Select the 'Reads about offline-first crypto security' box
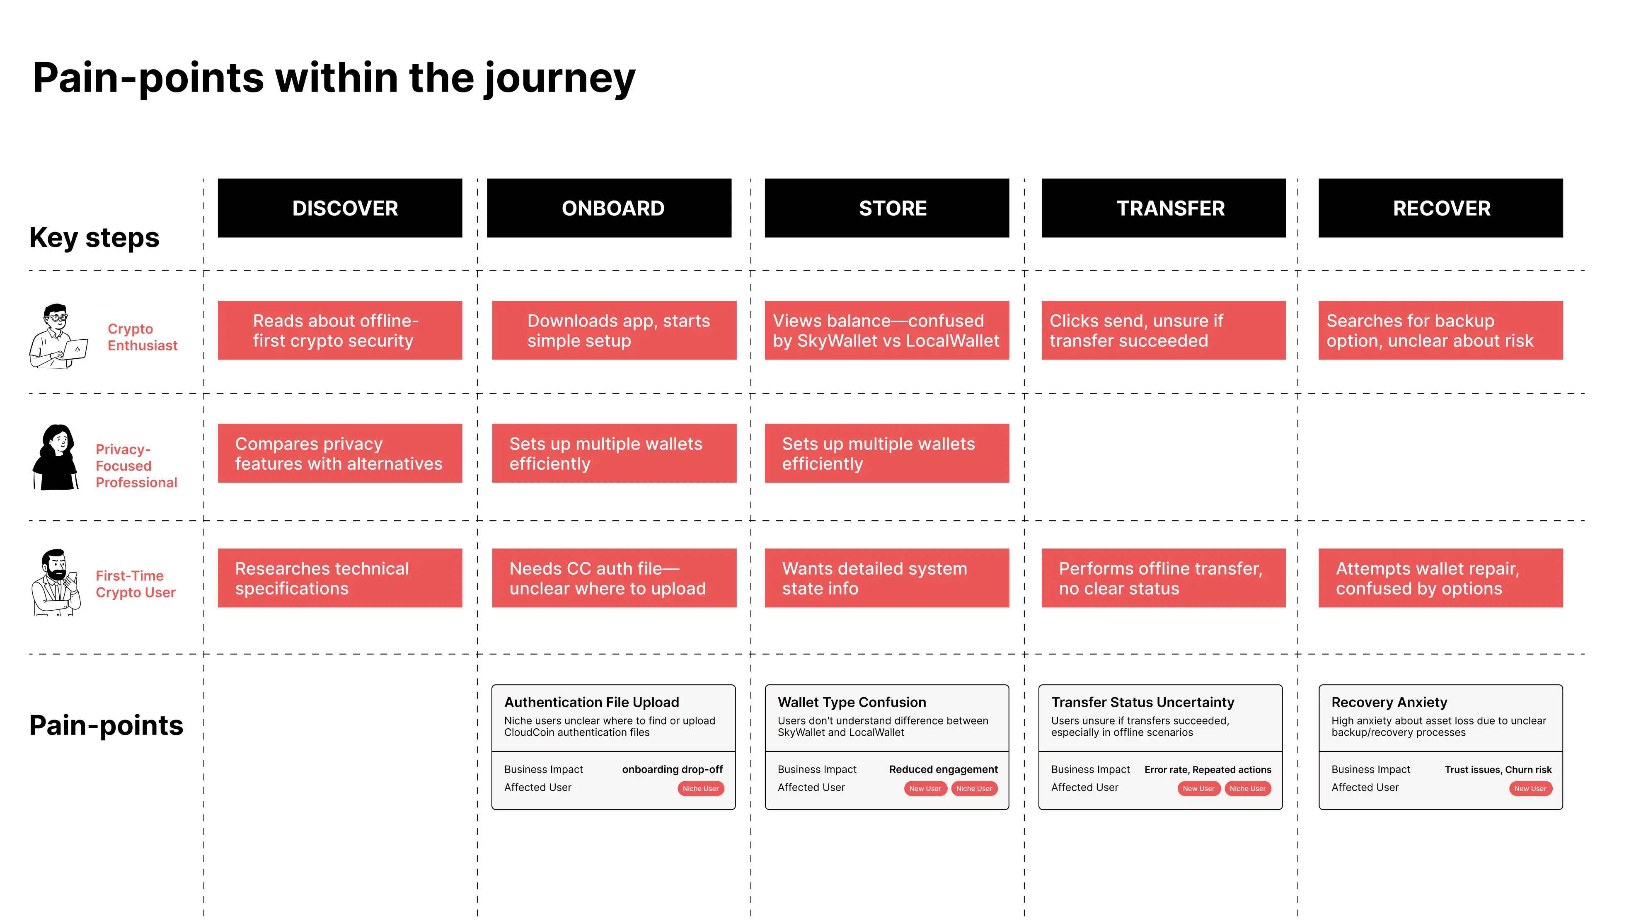pos(339,330)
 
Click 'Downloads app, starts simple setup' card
pos(614,330)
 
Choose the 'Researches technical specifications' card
pos(339,578)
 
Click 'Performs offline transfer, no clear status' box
pos(1163,578)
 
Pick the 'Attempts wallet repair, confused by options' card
pos(1440,578)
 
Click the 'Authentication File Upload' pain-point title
pos(591,702)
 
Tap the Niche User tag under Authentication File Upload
pos(700,789)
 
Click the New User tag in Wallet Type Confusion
pos(925,789)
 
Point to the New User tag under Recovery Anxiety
pos(1530,789)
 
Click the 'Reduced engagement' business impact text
pos(944,769)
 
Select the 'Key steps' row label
pos(94,238)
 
